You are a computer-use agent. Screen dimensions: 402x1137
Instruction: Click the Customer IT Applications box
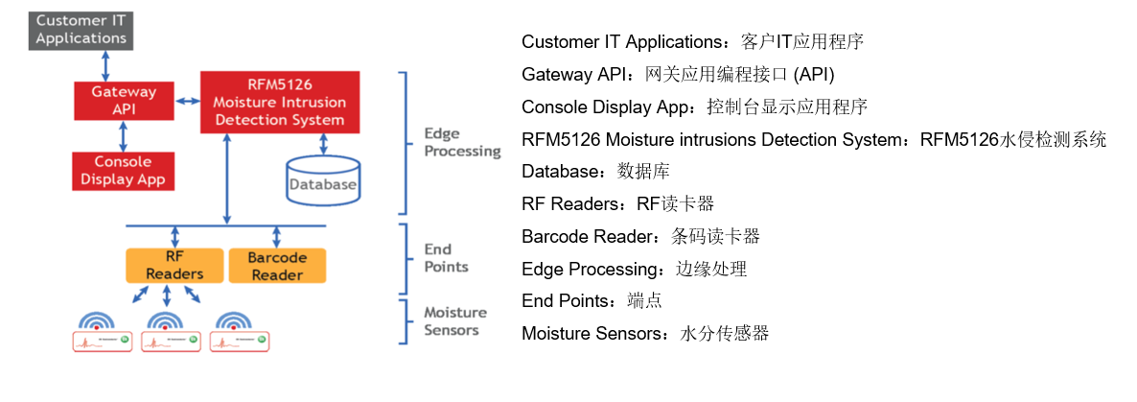[x=81, y=30]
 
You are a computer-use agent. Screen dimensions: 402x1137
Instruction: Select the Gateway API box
[x=123, y=100]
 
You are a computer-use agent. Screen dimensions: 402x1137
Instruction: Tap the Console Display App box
[x=124, y=171]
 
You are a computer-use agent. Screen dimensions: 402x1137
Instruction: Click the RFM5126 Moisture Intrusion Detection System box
[x=279, y=102]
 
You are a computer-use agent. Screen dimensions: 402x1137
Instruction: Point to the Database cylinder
[x=323, y=180]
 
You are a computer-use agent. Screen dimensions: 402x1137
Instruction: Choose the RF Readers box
[x=174, y=266]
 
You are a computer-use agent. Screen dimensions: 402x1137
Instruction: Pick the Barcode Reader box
[x=277, y=266]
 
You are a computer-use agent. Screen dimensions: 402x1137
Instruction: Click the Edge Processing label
[x=462, y=143]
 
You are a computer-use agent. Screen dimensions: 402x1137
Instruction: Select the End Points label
[x=446, y=257]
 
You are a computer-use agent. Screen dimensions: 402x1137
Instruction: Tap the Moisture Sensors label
[x=455, y=321]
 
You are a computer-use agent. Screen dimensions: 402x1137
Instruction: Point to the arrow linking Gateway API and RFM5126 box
[x=186, y=100]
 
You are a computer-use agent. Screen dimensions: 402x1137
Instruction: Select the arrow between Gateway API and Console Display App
[x=123, y=136]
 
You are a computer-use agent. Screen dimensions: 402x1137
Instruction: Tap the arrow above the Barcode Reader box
[x=277, y=236]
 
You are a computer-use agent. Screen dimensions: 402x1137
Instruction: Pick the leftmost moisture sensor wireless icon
[x=97, y=322]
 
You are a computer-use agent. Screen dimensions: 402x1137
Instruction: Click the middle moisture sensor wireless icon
[x=166, y=322]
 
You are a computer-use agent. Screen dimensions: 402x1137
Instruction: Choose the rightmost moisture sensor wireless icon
[x=233, y=322]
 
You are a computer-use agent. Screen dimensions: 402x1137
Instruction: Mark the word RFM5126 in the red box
[x=279, y=84]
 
